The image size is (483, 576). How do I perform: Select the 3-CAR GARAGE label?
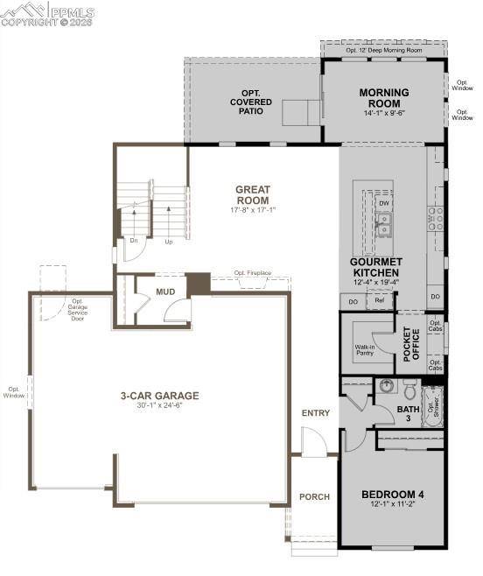coord(159,396)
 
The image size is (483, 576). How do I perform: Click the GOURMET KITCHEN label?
coord(375,266)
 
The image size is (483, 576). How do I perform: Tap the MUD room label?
coord(165,292)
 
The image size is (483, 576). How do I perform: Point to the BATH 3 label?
coord(408,413)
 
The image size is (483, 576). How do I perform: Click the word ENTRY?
coord(316,412)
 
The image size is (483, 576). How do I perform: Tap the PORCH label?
coord(314,496)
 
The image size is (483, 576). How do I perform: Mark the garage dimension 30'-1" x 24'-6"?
coord(159,406)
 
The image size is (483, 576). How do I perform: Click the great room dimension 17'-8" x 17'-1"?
coord(252,210)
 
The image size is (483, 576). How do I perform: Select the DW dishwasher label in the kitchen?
coord(383,203)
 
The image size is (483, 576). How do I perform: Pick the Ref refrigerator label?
coord(379,300)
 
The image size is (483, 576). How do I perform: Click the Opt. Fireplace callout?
coord(252,273)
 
